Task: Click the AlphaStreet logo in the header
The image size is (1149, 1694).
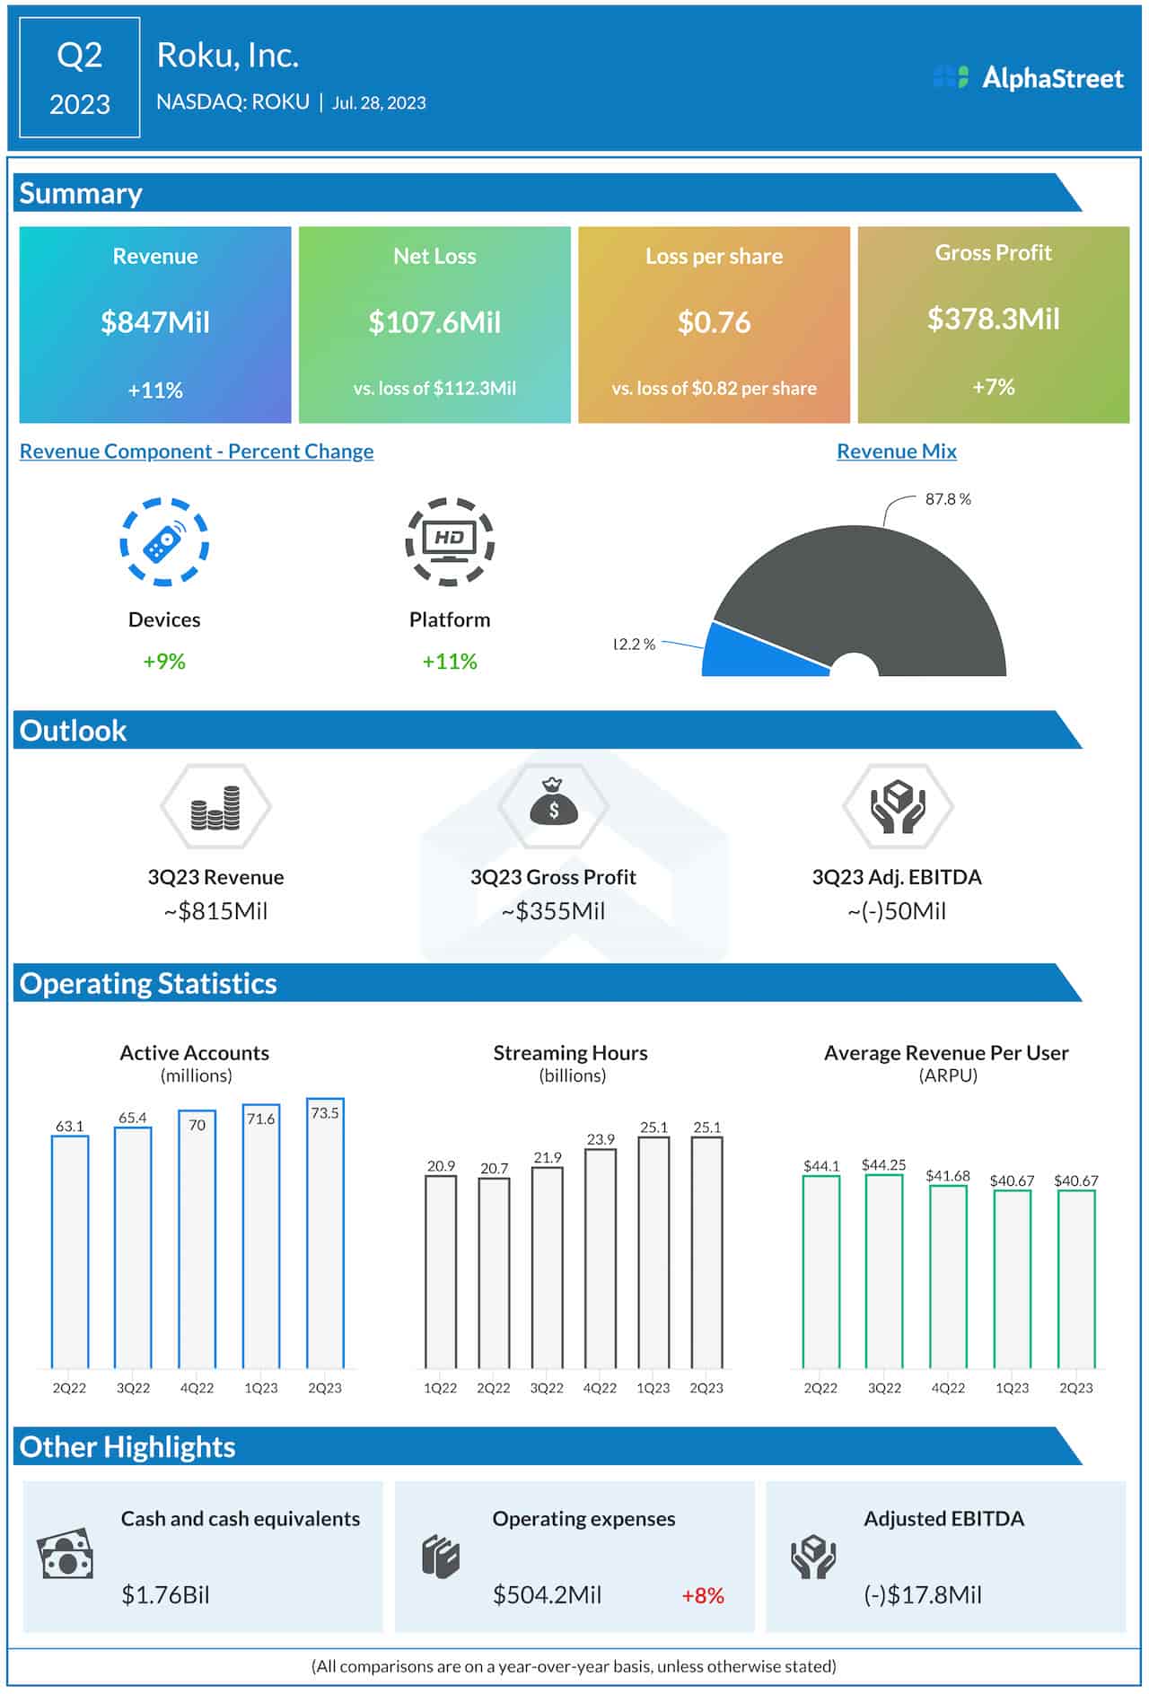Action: click(1028, 78)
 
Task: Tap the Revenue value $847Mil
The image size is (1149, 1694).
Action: click(155, 322)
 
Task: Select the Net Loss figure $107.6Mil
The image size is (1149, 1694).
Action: click(434, 322)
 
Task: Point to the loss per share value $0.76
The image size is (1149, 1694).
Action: click(714, 322)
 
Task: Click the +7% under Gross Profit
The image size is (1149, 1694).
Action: click(993, 387)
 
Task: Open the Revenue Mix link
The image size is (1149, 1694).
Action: click(896, 452)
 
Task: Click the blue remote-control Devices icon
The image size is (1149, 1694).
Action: click(164, 542)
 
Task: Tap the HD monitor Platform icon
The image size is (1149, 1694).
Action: click(450, 542)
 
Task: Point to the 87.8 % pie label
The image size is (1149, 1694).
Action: click(948, 499)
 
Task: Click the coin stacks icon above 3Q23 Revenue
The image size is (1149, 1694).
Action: click(215, 806)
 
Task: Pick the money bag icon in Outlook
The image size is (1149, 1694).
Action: click(554, 803)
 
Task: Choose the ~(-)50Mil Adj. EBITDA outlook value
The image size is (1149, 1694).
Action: click(896, 911)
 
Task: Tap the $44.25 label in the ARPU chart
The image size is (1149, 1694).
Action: click(883, 1165)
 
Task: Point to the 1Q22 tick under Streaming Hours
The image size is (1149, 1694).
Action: click(440, 1388)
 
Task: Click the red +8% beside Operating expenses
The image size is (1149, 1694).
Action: click(702, 1595)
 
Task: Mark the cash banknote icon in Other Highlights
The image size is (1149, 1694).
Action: click(66, 1555)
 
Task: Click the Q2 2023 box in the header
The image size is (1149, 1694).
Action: click(80, 79)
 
